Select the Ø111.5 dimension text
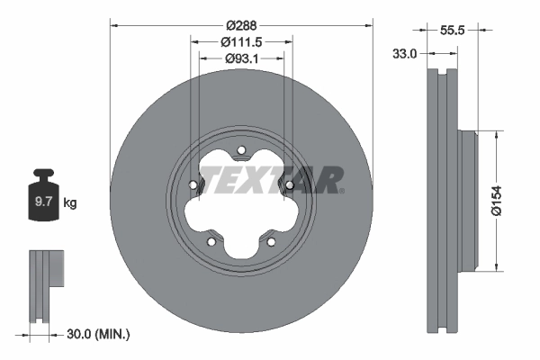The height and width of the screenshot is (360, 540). [241, 42]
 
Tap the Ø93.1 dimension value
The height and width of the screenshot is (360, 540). [240, 59]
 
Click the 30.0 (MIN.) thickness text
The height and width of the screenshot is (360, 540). [99, 335]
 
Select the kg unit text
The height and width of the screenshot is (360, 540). [70, 203]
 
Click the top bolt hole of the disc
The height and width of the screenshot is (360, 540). [241, 150]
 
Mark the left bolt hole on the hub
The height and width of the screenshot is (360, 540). [193, 186]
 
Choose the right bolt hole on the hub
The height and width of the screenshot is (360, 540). [290, 186]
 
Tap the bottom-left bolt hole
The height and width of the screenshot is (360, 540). [211, 241]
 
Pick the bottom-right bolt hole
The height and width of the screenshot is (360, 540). [271, 241]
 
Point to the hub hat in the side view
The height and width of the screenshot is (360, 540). [466, 199]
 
